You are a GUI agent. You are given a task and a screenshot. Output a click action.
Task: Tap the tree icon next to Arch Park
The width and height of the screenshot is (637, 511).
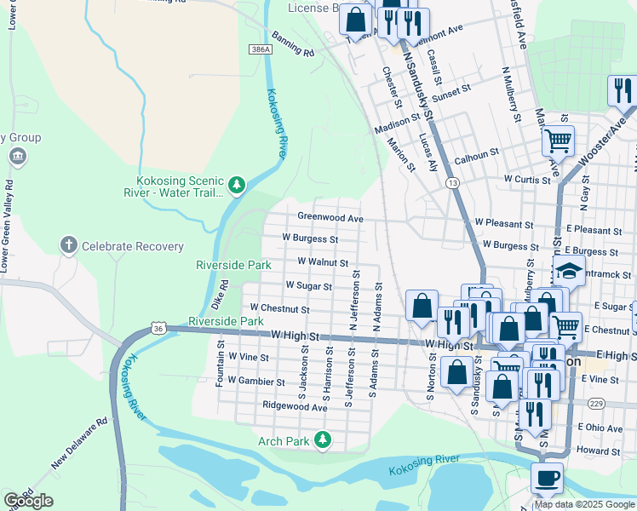click(x=322, y=440)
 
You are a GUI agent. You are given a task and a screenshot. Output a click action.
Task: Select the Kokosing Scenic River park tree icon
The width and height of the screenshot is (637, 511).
click(x=237, y=184)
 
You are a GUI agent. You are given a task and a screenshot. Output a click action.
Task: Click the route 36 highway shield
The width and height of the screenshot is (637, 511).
click(x=158, y=328)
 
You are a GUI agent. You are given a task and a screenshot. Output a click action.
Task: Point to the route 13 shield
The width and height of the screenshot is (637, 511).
click(x=452, y=183)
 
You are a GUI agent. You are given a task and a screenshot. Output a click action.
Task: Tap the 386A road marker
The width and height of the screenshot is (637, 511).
click(x=261, y=50)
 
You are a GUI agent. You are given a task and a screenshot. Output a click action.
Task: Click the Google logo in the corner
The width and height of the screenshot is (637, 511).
click(x=28, y=501)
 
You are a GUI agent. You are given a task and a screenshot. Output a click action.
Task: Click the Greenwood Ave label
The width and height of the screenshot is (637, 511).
click(x=330, y=217)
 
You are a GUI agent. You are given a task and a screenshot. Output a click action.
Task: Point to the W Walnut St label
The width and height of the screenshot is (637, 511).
click(x=322, y=262)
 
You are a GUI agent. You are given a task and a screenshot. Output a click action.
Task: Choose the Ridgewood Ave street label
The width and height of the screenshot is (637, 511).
click(x=295, y=407)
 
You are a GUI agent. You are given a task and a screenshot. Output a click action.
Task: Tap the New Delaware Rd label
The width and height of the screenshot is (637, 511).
click(x=79, y=443)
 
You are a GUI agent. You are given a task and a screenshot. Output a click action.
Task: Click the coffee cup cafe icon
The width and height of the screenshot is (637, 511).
click(x=547, y=479)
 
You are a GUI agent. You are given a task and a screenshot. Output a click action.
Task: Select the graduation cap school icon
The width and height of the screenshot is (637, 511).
click(x=570, y=273)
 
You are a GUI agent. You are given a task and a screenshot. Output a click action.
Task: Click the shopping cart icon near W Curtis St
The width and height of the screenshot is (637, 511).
click(x=558, y=141)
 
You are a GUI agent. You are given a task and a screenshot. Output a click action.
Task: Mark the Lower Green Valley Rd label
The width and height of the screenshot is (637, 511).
click(x=9, y=227)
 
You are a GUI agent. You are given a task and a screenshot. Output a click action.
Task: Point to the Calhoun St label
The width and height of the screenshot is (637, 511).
click(x=475, y=155)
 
